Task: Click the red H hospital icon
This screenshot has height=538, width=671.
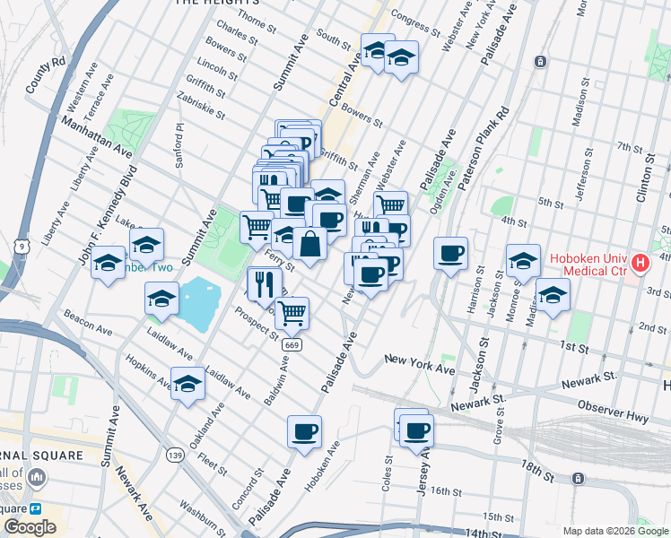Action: (640, 263)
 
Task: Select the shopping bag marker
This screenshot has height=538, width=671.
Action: (309, 244)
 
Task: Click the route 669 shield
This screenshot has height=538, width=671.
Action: (291, 344)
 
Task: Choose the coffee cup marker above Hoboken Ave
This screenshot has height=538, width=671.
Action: (305, 431)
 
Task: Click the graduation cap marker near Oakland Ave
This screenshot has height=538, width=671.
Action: (187, 384)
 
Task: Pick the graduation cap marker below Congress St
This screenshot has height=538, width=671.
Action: (401, 57)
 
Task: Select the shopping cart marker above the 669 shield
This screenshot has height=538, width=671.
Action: (292, 313)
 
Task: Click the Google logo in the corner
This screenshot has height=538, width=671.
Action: (30, 527)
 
